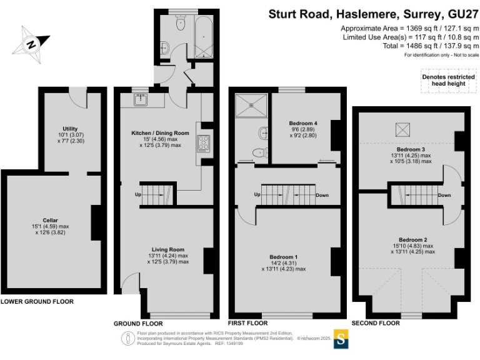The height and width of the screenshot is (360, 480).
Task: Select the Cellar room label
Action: (x=51, y=220)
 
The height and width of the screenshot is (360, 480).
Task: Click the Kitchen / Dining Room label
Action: (x=160, y=133)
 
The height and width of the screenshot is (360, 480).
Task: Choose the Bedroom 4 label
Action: (x=304, y=124)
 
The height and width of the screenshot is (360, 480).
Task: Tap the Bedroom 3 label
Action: (x=411, y=150)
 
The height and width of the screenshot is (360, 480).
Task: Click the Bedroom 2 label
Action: (x=413, y=240)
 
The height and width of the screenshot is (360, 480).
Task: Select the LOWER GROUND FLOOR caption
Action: (x=37, y=302)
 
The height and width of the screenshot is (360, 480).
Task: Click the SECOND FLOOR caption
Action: (x=375, y=324)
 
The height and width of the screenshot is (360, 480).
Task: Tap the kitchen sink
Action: (x=141, y=98)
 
